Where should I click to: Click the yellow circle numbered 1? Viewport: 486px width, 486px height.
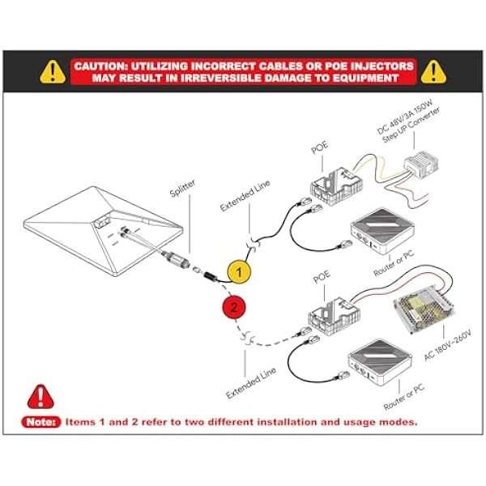click(x=239, y=272)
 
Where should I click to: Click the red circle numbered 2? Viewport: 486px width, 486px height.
click(x=234, y=308)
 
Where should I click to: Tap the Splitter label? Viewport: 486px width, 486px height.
click(x=182, y=188)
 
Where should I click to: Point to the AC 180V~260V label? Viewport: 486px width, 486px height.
click(x=448, y=345)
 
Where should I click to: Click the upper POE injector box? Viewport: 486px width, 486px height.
click(x=336, y=185)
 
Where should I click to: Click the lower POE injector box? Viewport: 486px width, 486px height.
click(x=335, y=315)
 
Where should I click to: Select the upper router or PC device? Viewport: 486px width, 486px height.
click(x=382, y=231)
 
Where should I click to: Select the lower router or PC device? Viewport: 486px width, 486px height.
click(x=380, y=362)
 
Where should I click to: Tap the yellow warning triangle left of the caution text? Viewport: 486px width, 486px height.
click(x=53, y=71)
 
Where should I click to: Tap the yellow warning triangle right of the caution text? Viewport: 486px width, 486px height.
click(x=433, y=71)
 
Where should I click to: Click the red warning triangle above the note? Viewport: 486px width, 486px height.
click(x=40, y=396)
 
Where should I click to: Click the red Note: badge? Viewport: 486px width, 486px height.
click(x=41, y=422)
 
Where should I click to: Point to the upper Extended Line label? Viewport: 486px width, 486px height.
click(x=245, y=195)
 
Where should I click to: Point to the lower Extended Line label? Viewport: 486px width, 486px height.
click(x=251, y=383)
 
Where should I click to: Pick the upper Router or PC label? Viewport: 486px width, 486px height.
click(x=394, y=263)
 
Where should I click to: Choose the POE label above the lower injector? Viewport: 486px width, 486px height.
click(x=322, y=276)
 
